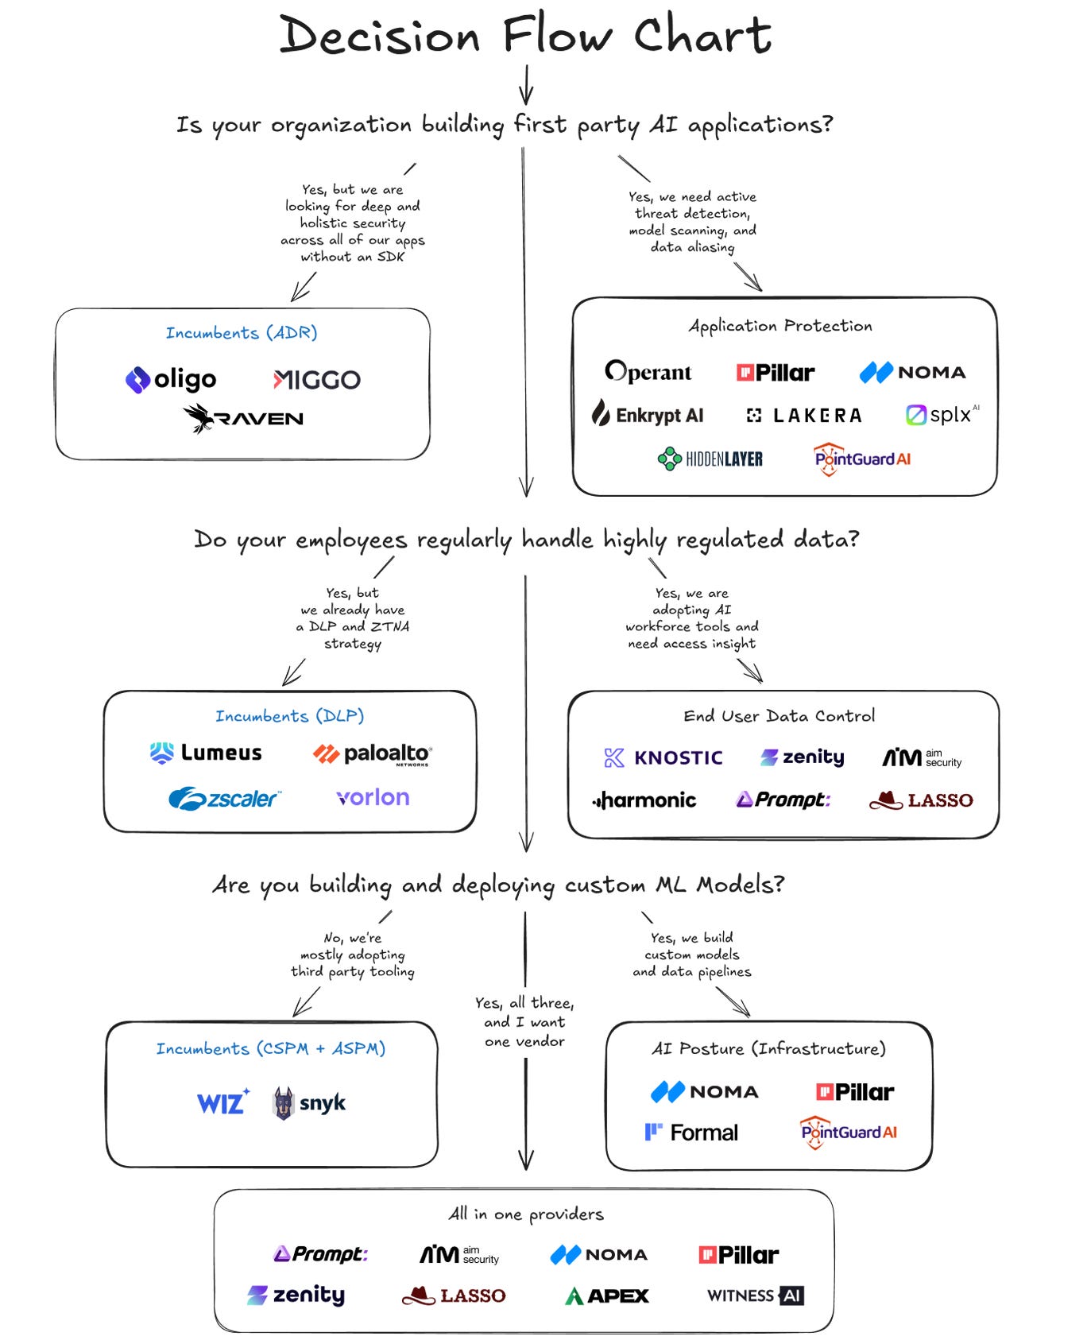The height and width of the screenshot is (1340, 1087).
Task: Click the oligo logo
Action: (x=171, y=380)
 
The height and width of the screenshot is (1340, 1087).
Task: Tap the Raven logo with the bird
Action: (x=243, y=418)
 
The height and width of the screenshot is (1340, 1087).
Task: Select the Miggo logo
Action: (x=316, y=380)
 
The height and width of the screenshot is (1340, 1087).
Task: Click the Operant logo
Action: (x=648, y=372)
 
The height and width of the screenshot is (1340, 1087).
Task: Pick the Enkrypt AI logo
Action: (x=648, y=415)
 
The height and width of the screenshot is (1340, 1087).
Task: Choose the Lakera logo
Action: (x=804, y=415)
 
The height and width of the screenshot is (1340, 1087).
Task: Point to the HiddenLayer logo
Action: (x=710, y=459)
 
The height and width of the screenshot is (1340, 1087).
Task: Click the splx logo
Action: (x=942, y=415)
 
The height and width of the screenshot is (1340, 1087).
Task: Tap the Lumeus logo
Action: (x=206, y=753)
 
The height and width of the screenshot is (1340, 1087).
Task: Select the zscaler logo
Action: (x=225, y=798)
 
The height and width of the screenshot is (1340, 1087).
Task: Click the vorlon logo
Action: (x=373, y=797)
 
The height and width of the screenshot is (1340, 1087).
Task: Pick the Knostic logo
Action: (x=663, y=757)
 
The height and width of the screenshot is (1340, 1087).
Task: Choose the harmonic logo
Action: (x=644, y=800)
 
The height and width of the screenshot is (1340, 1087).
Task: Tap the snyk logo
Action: (x=310, y=1102)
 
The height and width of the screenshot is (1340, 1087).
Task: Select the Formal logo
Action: (x=691, y=1133)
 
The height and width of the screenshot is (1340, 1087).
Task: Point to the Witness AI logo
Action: (x=756, y=1295)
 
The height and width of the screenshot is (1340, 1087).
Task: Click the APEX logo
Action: (x=607, y=1296)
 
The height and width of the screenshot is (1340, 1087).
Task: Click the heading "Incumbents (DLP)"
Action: (x=290, y=716)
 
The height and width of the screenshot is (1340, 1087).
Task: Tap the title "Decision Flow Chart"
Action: (x=525, y=37)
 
